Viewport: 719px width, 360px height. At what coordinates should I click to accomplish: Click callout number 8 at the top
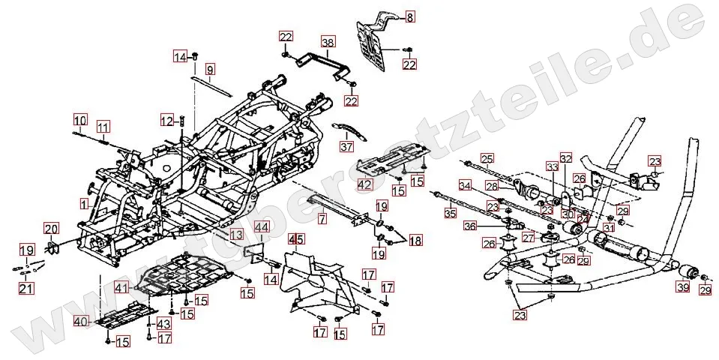click(409, 16)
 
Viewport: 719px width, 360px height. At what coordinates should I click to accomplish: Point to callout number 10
click(80, 119)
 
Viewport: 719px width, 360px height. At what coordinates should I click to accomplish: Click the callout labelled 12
click(166, 120)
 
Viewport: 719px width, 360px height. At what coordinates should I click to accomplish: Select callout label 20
click(51, 229)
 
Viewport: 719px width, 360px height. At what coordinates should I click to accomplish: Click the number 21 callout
click(26, 289)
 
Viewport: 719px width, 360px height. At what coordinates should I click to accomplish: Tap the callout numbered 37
click(346, 146)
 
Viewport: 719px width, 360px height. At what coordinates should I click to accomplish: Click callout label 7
click(322, 220)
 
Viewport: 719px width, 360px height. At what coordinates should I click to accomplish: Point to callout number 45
click(297, 240)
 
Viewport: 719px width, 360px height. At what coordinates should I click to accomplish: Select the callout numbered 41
click(122, 287)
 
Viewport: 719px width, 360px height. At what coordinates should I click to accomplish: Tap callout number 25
click(487, 158)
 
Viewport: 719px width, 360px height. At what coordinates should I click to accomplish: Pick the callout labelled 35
click(450, 214)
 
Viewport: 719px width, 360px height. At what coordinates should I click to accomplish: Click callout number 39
click(683, 288)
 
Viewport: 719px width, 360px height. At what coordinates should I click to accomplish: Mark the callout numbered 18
click(415, 241)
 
